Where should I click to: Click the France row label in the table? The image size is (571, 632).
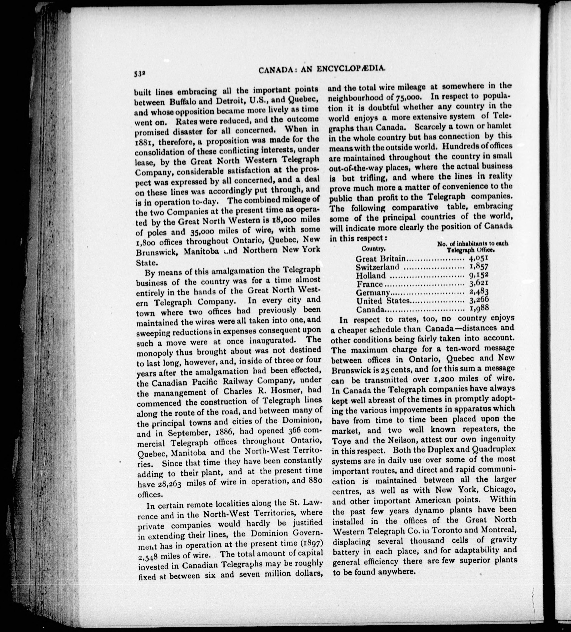tap(370, 284)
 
